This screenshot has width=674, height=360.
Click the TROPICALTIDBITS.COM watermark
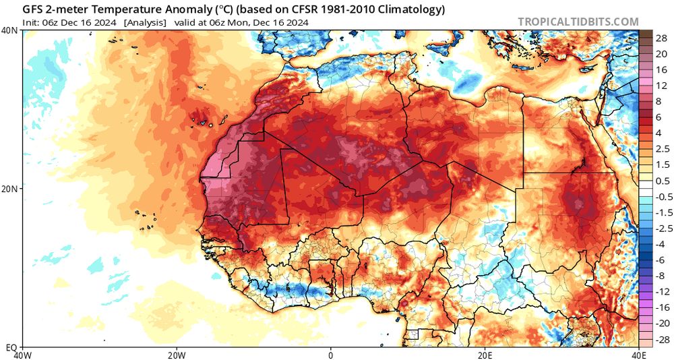point(578,22)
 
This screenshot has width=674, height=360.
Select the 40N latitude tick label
point(10,31)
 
